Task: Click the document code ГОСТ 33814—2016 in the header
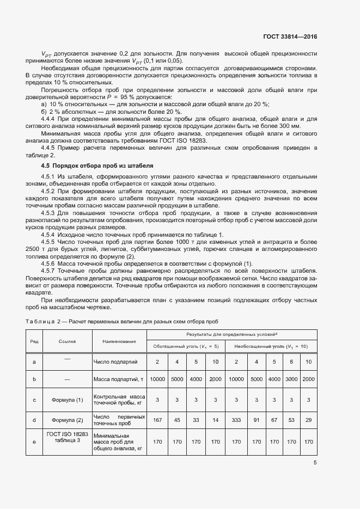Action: click(x=290, y=37)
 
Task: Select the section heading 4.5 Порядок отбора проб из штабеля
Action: click(x=97, y=165)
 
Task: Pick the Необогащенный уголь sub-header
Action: click(x=271, y=346)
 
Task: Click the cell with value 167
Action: click(x=157, y=419)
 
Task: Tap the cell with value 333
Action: click(x=236, y=419)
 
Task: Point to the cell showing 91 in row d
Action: click(x=253, y=419)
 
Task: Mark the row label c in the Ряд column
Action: click(x=34, y=400)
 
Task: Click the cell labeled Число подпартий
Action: click(x=115, y=361)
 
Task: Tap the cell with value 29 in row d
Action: click(x=308, y=419)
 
